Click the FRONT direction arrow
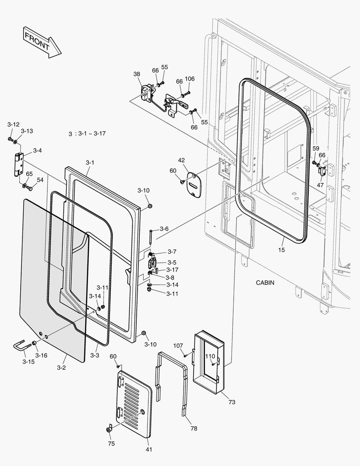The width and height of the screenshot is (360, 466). [x=41, y=41]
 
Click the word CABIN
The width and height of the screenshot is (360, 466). [x=265, y=283]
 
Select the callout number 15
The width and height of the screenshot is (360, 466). [x=282, y=249]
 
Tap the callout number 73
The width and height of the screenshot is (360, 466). [x=232, y=402]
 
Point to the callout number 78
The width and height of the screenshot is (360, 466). [x=194, y=428]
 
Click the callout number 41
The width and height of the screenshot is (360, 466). [x=149, y=450]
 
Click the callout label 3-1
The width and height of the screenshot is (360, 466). [x=90, y=163]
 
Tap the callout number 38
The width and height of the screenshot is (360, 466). [x=137, y=74]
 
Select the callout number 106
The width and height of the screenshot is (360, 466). [x=190, y=79]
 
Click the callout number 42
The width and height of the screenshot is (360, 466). [x=182, y=160]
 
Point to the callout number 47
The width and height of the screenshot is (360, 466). [x=320, y=185]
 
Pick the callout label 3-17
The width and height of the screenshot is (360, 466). [x=166, y=270]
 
